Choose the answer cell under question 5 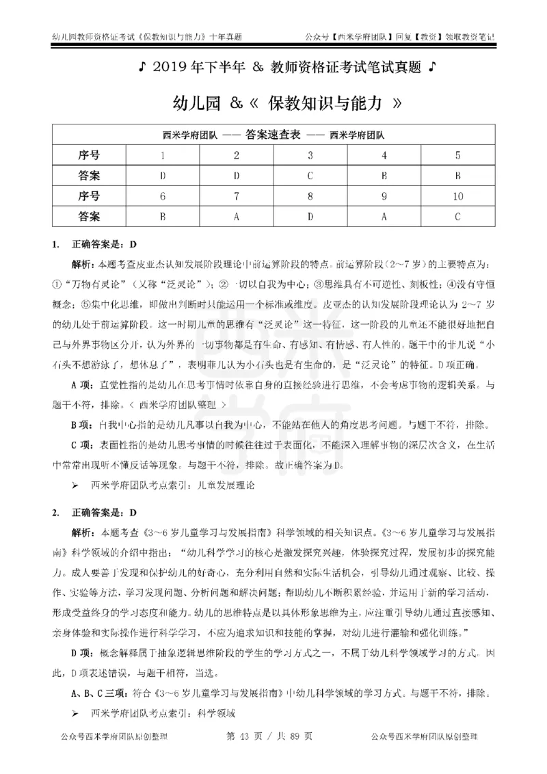click(x=457, y=175)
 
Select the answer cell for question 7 click(x=237, y=216)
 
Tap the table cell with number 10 click(x=457, y=196)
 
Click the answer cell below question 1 click(x=163, y=175)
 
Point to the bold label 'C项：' click(x=84, y=445)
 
